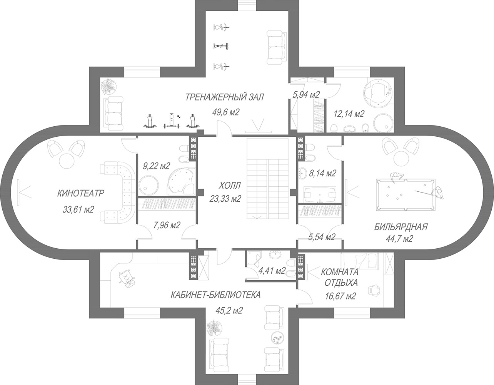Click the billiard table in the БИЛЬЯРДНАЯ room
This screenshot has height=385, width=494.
pyautogui.click(x=406, y=195)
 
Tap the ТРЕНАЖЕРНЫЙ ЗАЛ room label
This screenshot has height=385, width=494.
pyautogui.click(x=225, y=97)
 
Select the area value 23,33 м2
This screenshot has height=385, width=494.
pyautogui.click(x=225, y=199)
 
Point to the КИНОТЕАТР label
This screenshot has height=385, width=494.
pyautogui.click(x=81, y=193)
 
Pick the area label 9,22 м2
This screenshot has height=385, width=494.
pyautogui.click(x=157, y=166)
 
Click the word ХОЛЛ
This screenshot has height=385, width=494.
pyautogui.click(x=230, y=185)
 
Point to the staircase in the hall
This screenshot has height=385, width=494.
pyautogui.click(x=268, y=179)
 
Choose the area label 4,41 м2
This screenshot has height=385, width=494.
pyautogui.click(x=272, y=271)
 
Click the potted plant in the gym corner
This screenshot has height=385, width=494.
pyautogui.click(x=109, y=86)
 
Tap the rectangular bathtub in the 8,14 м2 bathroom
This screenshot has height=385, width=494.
pyautogui.click(x=320, y=195)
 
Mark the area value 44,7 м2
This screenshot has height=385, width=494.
pyautogui.click(x=399, y=238)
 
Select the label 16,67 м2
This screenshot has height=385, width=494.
pyautogui.click(x=340, y=296)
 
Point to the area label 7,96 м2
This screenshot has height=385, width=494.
pyautogui.click(x=167, y=225)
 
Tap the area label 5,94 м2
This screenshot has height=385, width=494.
pyautogui.click(x=306, y=94)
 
